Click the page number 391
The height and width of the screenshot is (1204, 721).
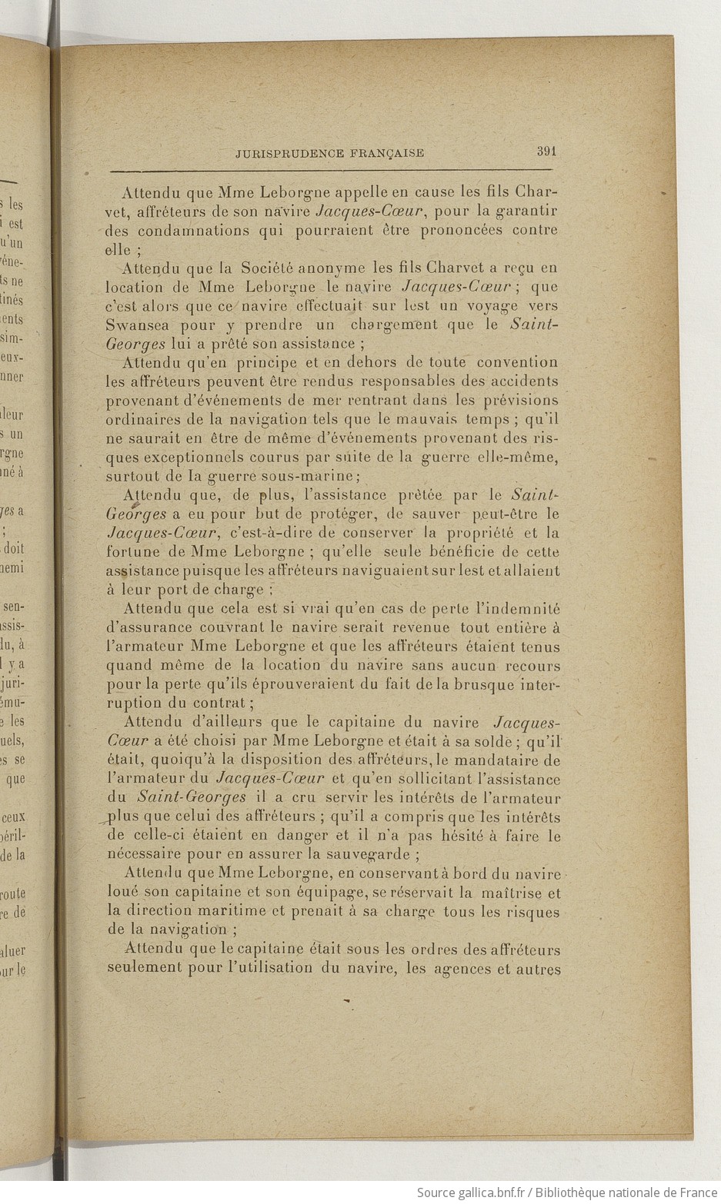(x=546, y=151)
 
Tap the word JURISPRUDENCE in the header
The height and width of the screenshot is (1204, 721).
(x=289, y=153)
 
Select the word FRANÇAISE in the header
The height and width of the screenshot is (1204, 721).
(x=386, y=153)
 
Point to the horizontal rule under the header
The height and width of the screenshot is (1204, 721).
(x=331, y=170)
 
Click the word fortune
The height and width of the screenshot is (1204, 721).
(x=132, y=551)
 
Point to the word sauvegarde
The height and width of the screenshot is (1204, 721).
(x=372, y=853)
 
